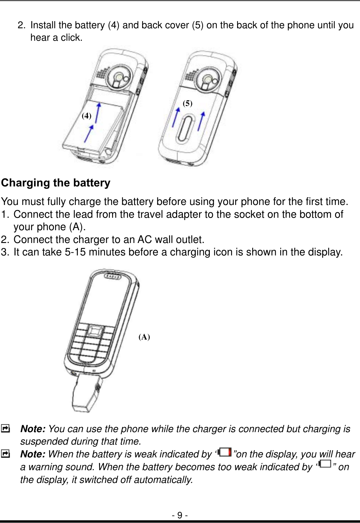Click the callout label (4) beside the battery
coord(87,116)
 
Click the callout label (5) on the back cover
coord(188,103)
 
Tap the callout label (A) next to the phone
coord(144,337)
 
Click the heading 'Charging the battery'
coord(56,183)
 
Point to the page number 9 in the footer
coord(180,515)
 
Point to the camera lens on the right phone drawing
coord(208,78)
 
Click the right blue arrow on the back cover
coord(201,121)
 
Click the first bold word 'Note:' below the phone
coord(33,429)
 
